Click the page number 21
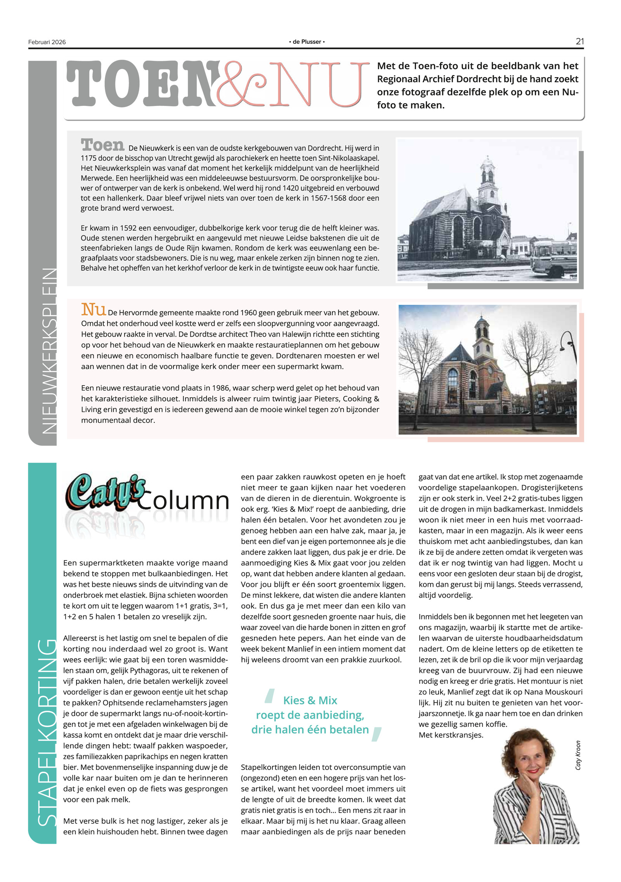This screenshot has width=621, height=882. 579,41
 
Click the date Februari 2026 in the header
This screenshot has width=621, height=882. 47,42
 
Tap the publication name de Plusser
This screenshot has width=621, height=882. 307,42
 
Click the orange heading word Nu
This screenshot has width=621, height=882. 93,310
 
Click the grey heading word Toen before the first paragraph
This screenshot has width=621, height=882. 102,145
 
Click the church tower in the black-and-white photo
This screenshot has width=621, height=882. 488,178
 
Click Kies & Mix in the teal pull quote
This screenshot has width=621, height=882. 310,700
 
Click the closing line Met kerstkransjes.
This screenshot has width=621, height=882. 451,735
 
